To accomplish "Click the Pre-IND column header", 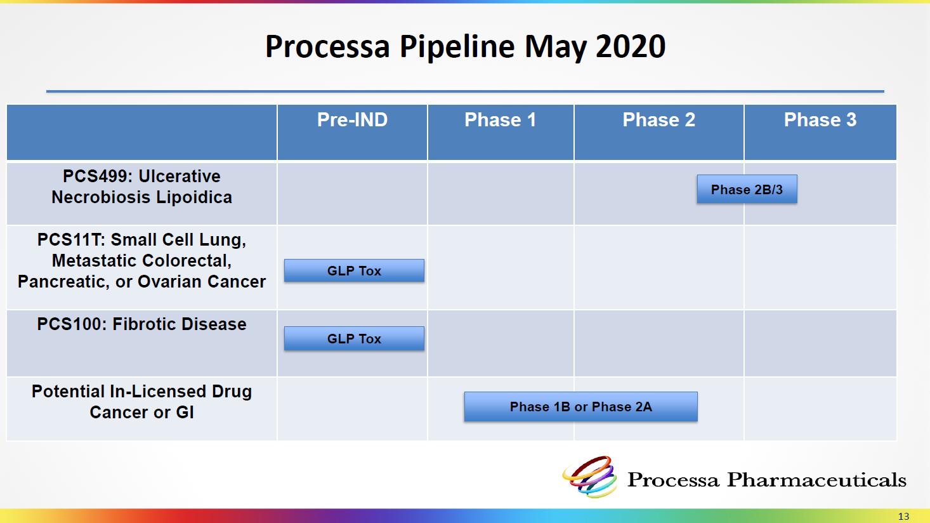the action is (352, 119).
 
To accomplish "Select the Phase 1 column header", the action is (501, 119).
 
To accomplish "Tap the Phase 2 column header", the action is (659, 119).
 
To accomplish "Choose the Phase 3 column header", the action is (820, 119).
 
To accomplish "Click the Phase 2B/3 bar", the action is (747, 189).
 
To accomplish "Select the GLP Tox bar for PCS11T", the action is (354, 270).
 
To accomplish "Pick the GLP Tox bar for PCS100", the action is (354, 338).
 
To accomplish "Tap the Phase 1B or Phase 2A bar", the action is (581, 407).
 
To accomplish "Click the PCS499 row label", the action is (141, 187).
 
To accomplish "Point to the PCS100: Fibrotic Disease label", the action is (141, 324).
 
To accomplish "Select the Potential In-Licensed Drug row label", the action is (141, 402).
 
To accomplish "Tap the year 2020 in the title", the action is (631, 46).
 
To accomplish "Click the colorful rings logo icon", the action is (589, 477).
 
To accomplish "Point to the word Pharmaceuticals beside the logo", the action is (816, 479).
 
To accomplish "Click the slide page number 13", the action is (903, 517).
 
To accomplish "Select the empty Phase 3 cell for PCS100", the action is (820, 343).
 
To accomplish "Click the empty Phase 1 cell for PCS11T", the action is (501, 267).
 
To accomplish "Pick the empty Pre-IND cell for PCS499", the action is (352, 194).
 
